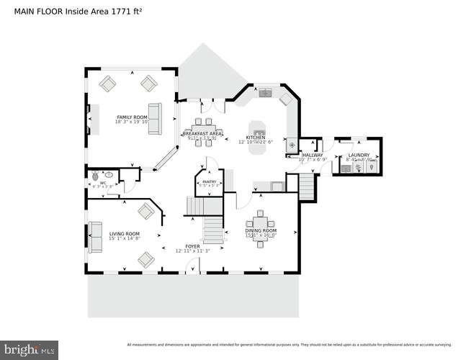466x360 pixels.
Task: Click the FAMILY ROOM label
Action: pos(132,117)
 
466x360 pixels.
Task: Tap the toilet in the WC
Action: pos(94,174)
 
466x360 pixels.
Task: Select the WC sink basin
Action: pos(109,174)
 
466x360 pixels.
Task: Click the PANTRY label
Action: pos(209,182)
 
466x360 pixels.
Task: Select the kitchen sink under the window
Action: pos(265,92)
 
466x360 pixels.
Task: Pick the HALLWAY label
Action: pos(313,155)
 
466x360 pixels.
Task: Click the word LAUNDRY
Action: pos(359,155)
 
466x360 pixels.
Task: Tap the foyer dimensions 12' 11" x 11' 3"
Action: pos(192,251)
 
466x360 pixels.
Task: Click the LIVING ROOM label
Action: pos(124,234)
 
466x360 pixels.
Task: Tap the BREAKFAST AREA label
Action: pos(202,134)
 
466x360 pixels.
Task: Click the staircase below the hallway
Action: pos(307,189)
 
